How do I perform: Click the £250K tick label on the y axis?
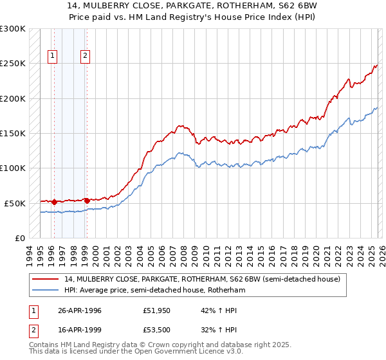(x=13, y=64)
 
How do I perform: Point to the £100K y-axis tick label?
(x=13, y=168)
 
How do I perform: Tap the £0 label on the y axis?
(x=19, y=238)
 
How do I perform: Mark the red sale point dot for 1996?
(x=54, y=201)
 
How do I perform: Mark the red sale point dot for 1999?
(x=86, y=201)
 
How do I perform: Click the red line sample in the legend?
(x=46, y=279)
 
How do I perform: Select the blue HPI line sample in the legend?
(x=46, y=291)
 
